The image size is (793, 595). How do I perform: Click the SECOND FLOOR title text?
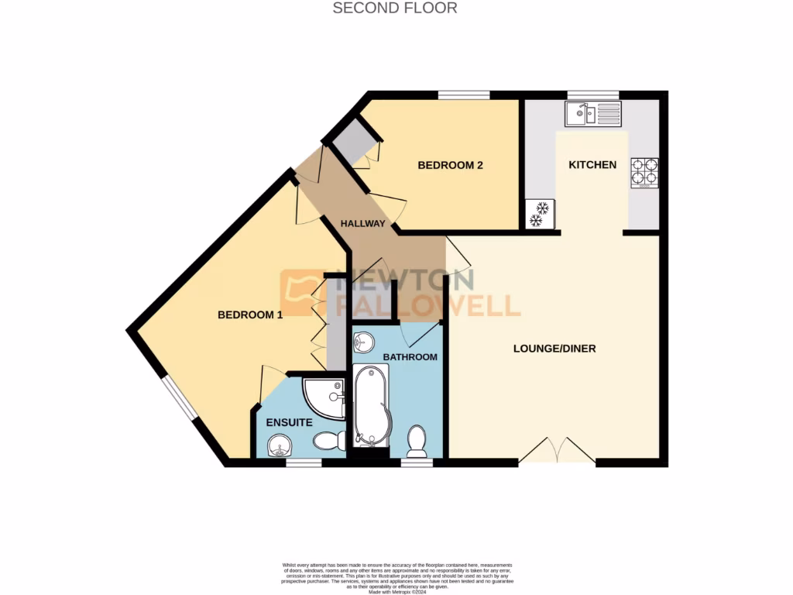395,9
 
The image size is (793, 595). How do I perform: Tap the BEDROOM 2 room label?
450,165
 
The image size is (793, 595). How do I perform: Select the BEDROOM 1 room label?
249,315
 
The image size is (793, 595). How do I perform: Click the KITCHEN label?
592,165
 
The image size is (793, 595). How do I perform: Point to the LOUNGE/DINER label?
554,349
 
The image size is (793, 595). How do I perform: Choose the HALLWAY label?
363,224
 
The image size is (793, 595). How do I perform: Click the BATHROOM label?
410,357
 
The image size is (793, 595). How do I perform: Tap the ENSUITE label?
289,423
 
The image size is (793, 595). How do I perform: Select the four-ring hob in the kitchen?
645,173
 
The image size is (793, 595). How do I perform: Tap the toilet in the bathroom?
417,442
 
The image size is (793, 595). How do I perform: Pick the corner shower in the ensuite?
322,396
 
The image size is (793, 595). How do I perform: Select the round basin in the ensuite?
278,446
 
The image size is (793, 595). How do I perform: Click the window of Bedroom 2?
463,95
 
